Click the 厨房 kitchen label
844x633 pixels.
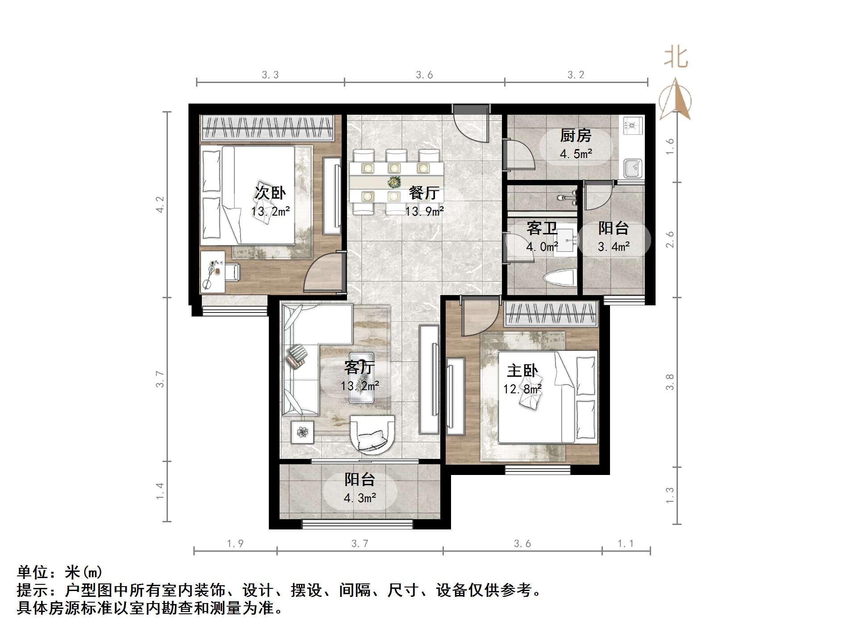click(x=576, y=135)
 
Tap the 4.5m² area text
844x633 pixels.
click(x=576, y=154)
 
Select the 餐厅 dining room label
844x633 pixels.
click(x=424, y=193)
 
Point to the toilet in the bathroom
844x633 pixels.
click(x=559, y=278)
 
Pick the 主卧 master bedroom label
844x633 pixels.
click(x=522, y=371)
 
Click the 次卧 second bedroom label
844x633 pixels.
click(x=270, y=193)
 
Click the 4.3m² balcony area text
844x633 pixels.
click(x=359, y=497)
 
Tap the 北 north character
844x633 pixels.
click(x=676, y=58)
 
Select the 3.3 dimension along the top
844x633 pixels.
click(x=270, y=75)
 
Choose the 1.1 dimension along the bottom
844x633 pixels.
click(x=625, y=543)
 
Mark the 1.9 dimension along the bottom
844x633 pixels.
click(x=235, y=543)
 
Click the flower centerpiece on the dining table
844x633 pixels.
click(x=394, y=182)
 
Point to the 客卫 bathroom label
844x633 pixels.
click(x=542, y=229)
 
